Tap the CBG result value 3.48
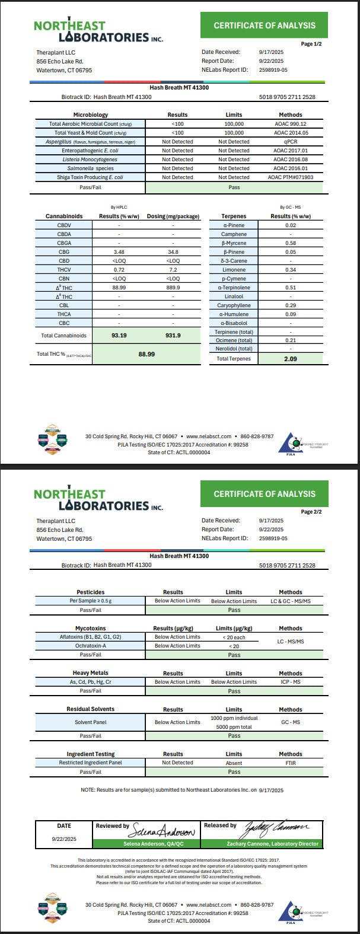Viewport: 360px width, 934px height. pos(119,252)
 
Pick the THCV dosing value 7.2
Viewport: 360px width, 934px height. pos(173,270)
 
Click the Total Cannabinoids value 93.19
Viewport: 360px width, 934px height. pos(119,335)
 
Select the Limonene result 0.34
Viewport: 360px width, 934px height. pos(290,270)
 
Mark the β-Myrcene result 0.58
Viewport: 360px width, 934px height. pos(290,243)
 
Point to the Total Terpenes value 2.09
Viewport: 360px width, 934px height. pos(290,359)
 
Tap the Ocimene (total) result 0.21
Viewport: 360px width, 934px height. pos(290,340)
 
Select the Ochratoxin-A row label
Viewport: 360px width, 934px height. pos(90,646)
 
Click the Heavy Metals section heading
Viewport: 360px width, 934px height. pos(90,673)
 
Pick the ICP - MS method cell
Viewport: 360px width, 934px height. pos(290,682)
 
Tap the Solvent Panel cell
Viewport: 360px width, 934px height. pos(90,722)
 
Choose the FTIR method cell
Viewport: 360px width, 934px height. pos(290,763)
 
